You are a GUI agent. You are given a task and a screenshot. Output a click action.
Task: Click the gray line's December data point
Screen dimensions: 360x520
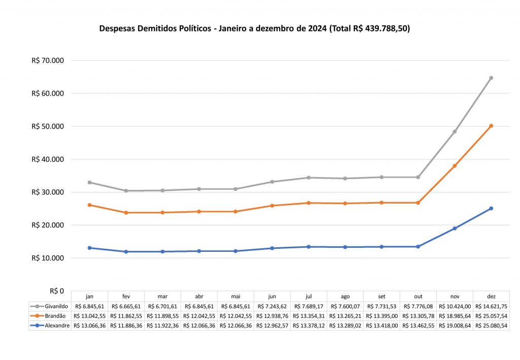coord(491,78)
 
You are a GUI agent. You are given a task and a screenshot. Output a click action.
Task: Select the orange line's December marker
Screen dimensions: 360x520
coord(491,125)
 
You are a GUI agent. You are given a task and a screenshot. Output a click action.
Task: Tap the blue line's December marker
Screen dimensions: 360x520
coord(491,208)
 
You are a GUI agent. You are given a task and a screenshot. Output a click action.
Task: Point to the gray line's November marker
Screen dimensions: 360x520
coord(454,132)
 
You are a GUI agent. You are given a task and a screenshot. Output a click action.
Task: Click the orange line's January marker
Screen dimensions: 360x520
coord(89,205)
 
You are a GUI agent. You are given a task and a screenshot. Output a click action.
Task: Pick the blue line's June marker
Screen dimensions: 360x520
coord(272,248)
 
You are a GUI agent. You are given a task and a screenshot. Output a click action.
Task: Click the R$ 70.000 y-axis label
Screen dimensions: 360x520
coord(48,60)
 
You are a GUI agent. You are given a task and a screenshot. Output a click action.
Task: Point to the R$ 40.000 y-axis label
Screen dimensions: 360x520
coord(48,159)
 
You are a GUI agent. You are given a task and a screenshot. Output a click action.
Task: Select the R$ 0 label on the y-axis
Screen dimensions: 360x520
coord(56,291)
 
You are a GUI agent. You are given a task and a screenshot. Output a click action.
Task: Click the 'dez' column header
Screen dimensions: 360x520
coord(491,297)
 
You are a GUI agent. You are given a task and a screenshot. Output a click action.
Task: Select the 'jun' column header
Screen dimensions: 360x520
coord(272,297)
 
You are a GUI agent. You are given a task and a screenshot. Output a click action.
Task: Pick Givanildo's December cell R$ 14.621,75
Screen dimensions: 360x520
coord(491,306)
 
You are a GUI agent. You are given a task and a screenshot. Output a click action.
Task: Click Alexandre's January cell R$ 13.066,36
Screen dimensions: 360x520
coord(89,325)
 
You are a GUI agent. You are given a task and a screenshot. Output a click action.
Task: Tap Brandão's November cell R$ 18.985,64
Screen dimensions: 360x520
coord(454,316)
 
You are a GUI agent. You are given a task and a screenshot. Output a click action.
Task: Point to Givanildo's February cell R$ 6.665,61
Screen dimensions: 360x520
coord(126,306)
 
